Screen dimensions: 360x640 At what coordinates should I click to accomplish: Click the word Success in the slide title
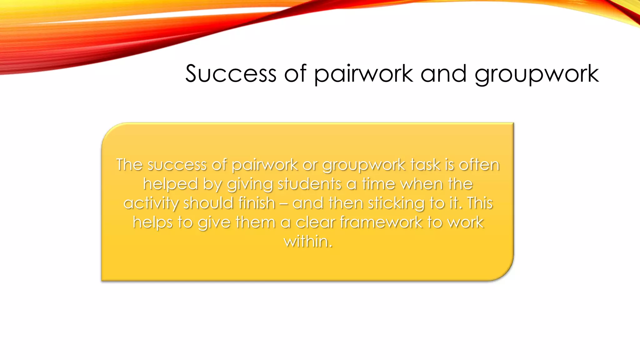click(x=231, y=74)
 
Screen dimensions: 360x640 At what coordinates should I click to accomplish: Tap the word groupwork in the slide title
click(x=536, y=74)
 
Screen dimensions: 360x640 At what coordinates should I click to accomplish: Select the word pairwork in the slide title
click(x=363, y=74)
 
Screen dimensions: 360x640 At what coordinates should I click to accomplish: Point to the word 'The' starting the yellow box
click(x=129, y=165)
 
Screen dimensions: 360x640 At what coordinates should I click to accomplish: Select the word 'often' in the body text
click(x=479, y=165)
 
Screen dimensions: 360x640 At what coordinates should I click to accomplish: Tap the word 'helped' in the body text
click(x=171, y=184)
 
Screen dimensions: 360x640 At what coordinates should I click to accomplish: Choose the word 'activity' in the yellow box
click(x=151, y=203)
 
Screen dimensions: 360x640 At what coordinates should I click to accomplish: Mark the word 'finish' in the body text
click(x=257, y=203)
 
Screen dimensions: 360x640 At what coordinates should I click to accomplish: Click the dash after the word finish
click(x=284, y=204)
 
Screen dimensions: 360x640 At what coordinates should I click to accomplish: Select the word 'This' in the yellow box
click(x=480, y=203)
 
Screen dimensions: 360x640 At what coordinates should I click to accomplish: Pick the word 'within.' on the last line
click(x=308, y=242)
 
